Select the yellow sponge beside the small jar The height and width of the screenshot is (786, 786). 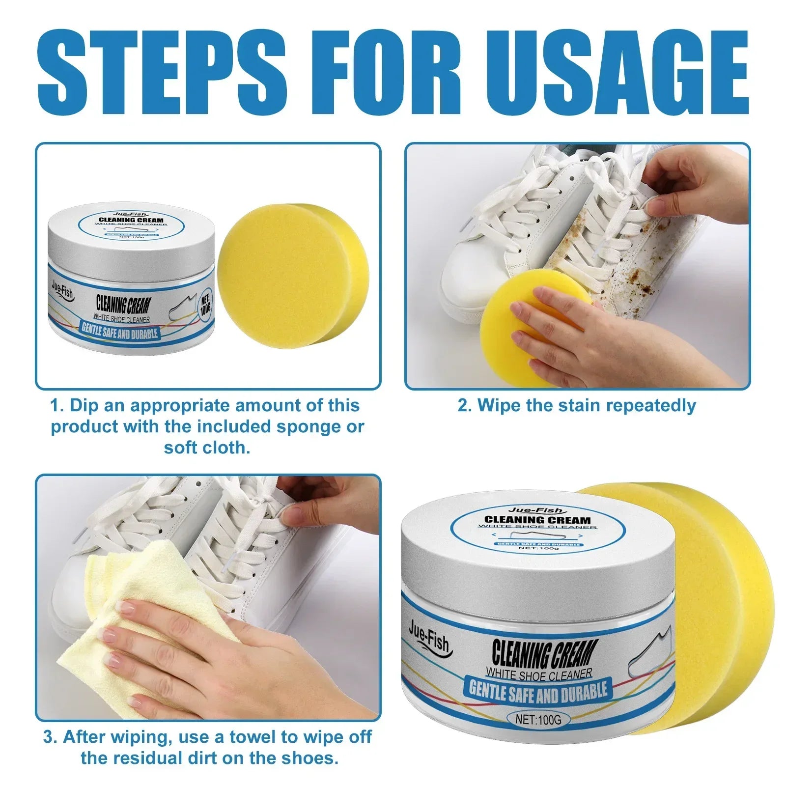click(x=290, y=275)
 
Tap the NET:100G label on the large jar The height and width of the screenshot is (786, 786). click(x=538, y=720)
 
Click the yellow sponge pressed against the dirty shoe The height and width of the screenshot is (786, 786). click(x=521, y=319)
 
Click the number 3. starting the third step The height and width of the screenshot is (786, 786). click(x=50, y=737)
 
